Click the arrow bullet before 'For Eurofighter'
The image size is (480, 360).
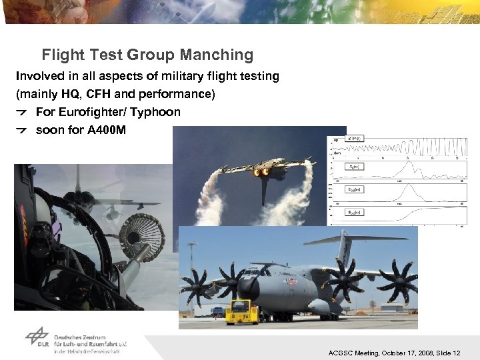pos(23,113)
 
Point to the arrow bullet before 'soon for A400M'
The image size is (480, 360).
pos(23,131)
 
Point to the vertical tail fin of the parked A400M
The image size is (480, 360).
pos(343,251)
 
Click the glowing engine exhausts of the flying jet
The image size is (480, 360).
pos(260,171)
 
